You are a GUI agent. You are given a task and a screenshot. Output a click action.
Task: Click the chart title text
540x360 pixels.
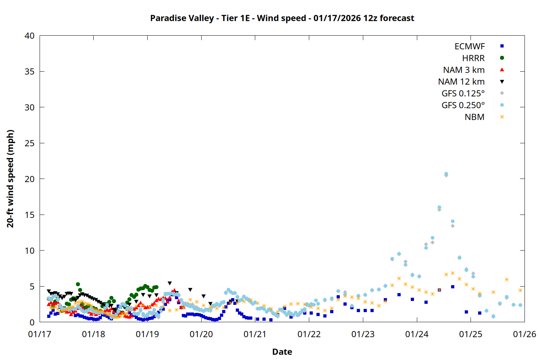coord(282,18)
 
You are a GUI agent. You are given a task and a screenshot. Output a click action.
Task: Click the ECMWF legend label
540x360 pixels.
coord(469,46)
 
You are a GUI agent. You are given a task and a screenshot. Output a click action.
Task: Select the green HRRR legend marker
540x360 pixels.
coord(502,58)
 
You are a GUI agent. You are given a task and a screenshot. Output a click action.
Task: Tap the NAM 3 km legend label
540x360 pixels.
coord(464,70)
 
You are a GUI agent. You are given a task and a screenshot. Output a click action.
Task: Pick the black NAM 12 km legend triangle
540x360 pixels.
coord(502,82)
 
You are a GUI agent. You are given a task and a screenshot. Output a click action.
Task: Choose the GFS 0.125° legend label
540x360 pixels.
coord(463,94)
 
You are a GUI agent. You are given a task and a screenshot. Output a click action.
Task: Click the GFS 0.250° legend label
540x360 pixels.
coord(463,105)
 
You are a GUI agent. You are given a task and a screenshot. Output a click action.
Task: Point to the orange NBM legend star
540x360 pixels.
coord(502,117)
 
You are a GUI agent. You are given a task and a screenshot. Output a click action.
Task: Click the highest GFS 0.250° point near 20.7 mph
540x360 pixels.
coord(446,174)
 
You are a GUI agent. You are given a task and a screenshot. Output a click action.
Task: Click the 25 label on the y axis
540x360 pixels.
coord(30,143)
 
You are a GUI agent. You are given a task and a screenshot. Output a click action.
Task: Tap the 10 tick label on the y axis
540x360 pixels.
coord(30,251)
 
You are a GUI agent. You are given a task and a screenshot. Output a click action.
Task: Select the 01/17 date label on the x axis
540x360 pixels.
coord(40,334)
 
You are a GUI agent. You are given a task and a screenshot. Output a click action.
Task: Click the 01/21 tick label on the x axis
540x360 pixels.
coord(255,334)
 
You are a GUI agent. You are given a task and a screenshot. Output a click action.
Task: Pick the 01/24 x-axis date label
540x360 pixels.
coord(417,334)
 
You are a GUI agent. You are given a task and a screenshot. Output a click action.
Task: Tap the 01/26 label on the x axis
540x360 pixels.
coord(524,334)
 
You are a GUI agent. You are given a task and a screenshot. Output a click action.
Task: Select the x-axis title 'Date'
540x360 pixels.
coord(282,352)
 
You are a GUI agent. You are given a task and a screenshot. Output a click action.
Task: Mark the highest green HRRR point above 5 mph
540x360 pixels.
coord(78,284)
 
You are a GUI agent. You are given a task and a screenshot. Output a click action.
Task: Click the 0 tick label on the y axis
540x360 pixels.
coord(32,322)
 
